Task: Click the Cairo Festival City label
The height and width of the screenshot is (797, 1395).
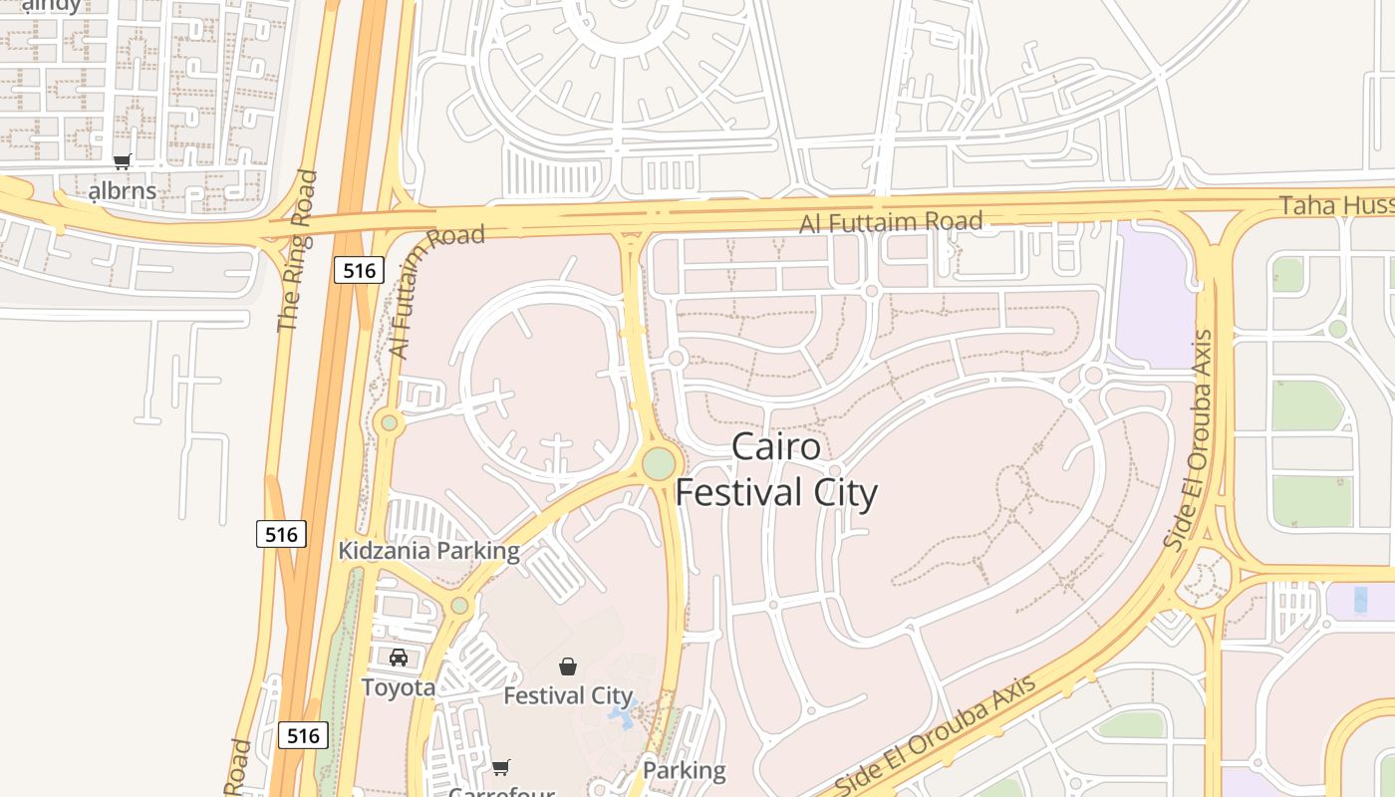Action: [x=776, y=469]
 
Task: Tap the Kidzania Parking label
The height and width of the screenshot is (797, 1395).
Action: [x=428, y=551]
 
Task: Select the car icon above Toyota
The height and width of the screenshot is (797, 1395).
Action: [x=399, y=657]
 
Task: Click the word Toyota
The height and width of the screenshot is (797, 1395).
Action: [x=399, y=687]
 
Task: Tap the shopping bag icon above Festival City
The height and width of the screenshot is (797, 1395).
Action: [x=568, y=665]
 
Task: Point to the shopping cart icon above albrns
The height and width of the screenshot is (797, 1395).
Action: [x=122, y=161]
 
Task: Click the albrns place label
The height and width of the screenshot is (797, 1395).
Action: [x=123, y=190]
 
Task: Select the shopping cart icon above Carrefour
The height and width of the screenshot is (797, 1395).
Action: [x=501, y=767]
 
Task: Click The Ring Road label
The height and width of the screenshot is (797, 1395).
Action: [x=297, y=251]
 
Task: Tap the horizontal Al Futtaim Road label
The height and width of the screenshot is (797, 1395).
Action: [x=891, y=221]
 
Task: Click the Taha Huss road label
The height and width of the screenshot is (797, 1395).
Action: [x=1336, y=205]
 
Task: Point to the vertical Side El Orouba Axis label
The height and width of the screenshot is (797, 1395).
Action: [x=1190, y=439]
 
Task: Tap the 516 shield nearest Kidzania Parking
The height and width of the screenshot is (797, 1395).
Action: [x=281, y=534]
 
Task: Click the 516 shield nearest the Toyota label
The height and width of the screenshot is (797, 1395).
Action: [x=302, y=735]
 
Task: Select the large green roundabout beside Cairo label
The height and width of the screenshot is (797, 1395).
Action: [x=659, y=463]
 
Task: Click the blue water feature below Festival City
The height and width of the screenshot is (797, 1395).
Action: [x=622, y=713]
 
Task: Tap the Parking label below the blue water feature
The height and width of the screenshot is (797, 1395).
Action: [x=684, y=770]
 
